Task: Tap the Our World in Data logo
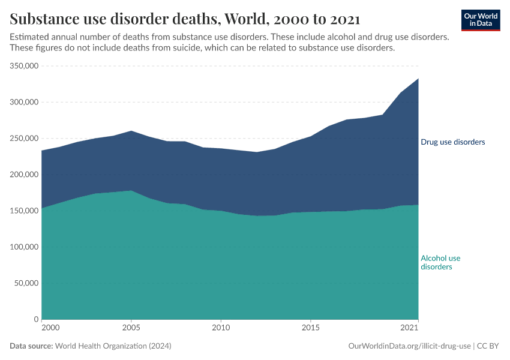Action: coord(480,20)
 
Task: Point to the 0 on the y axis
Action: coord(36,319)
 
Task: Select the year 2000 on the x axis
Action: coord(50,328)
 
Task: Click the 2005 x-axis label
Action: coord(131,328)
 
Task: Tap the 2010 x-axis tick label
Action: coord(221,328)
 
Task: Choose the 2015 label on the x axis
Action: coord(310,328)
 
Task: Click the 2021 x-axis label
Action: coord(409,328)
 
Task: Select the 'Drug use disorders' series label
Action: coord(452,142)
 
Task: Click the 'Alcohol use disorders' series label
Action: coord(440,262)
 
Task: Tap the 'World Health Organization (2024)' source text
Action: coord(113,346)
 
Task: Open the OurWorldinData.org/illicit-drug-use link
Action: coord(409,346)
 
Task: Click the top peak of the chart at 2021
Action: coord(418,79)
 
